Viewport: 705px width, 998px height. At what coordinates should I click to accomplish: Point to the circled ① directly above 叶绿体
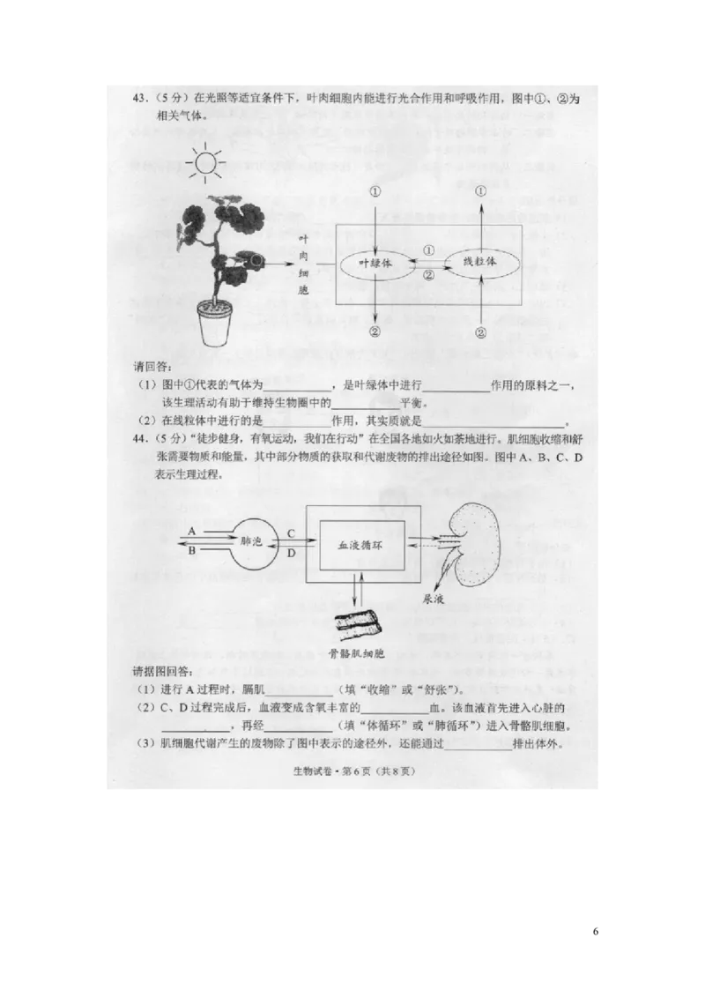tap(375, 191)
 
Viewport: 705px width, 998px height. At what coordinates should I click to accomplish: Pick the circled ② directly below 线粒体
tap(480, 332)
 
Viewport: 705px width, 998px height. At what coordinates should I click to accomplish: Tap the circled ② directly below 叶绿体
tap(375, 332)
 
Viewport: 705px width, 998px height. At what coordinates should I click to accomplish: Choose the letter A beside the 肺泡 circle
tap(192, 532)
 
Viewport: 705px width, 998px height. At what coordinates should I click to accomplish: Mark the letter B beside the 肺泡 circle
tap(192, 550)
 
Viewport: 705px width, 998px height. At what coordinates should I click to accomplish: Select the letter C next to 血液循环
tap(291, 533)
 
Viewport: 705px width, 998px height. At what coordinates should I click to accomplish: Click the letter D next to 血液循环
tap(291, 552)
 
